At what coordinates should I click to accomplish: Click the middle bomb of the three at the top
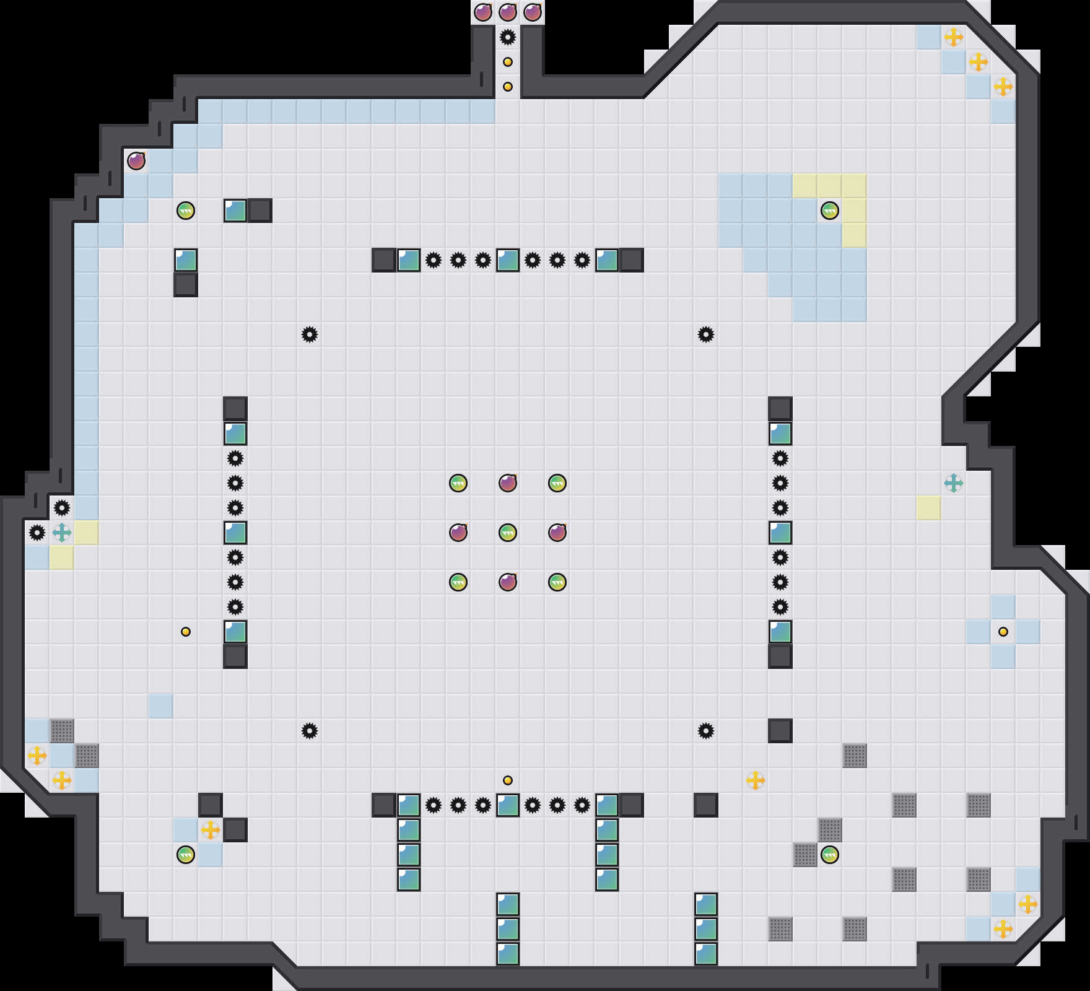tap(508, 12)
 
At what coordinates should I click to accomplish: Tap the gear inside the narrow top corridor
tap(508, 37)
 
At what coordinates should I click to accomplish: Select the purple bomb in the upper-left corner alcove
tap(136, 161)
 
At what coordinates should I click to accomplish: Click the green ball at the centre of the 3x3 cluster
tap(508, 533)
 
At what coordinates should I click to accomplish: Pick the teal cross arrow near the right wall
tap(954, 483)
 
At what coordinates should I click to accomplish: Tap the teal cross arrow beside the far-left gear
tap(62, 533)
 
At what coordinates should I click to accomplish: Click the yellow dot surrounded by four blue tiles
tap(1003, 632)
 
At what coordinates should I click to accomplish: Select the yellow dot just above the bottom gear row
tap(508, 780)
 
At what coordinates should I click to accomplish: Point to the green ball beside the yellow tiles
tap(830, 211)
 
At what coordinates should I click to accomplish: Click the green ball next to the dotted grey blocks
tap(830, 855)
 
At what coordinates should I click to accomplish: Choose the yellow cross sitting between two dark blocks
tap(211, 830)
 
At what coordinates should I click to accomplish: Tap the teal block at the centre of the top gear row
tap(508, 260)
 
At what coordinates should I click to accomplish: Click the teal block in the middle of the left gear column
tap(235, 533)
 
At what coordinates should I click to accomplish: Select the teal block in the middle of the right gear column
tap(780, 533)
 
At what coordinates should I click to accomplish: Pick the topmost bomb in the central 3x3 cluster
tap(508, 483)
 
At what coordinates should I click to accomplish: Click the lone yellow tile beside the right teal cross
tap(929, 508)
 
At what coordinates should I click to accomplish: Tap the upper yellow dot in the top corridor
tap(508, 62)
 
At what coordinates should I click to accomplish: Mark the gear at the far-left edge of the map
tap(37, 533)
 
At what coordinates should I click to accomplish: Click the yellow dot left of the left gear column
tap(186, 632)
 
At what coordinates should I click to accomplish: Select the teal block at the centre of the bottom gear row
tap(508, 805)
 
